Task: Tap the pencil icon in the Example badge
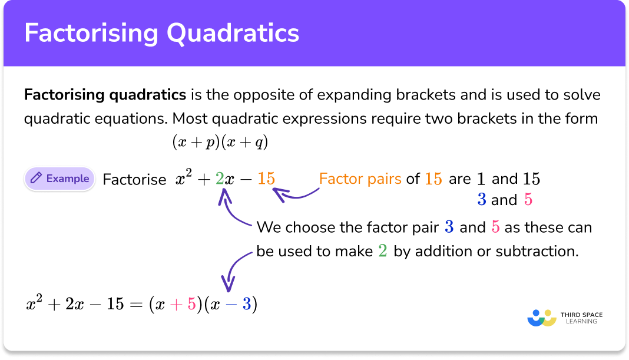(x=36, y=179)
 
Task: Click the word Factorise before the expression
(x=134, y=180)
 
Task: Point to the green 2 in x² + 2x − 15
(x=220, y=179)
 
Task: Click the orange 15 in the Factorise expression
(x=266, y=179)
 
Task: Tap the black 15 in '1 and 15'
(x=531, y=179)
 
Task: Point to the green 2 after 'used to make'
(x=383, y=251)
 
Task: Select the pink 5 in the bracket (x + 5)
(x=191, y=305)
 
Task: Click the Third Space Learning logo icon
(x=542, y=318)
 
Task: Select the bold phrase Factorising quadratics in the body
(x=105, y=95)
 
